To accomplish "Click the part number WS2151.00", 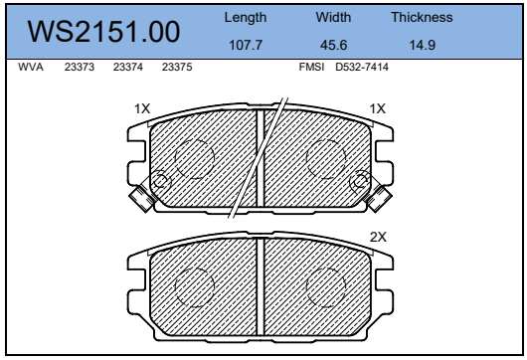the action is tap(103, 32).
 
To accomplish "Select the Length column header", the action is tap(246, 18).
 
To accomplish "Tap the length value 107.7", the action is tap(246, 45).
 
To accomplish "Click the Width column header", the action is tap(333, 17).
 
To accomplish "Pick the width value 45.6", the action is tap(333, 45).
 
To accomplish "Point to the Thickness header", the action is tap(422, 17).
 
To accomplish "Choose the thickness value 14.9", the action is tap(423, 45).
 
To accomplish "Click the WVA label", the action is tap(31, 67).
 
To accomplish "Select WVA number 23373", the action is tap(80, 67).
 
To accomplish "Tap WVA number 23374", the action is tap(128, 67).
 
